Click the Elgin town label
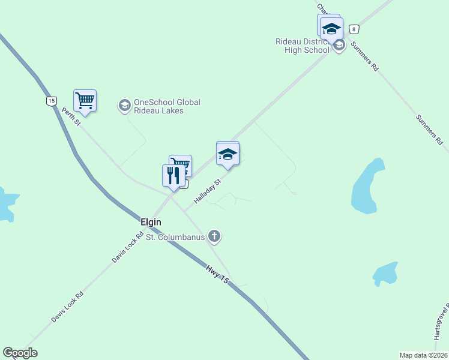click(x=151, y=222)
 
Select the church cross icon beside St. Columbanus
click(x=214, y=236)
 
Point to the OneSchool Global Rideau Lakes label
click(x=167, y=106)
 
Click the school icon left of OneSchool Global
click(x=124, y=106)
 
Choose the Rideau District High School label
click(x=303, y=46)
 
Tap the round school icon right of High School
click(x=339, y=46)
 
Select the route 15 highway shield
click(x=52, y=101)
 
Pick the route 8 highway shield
click(x=355, y=29)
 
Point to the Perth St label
click(x=71, y=116)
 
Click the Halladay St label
click(x=208, y=189)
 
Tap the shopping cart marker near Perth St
click(x=85, y=101)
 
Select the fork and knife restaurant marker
click(x=173, y=175)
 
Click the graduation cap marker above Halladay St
click(x=228, y=154)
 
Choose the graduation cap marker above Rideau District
click(x=331, y=28)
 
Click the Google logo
click(x=20, y=353)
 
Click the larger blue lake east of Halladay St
click(x=367, y=186)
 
